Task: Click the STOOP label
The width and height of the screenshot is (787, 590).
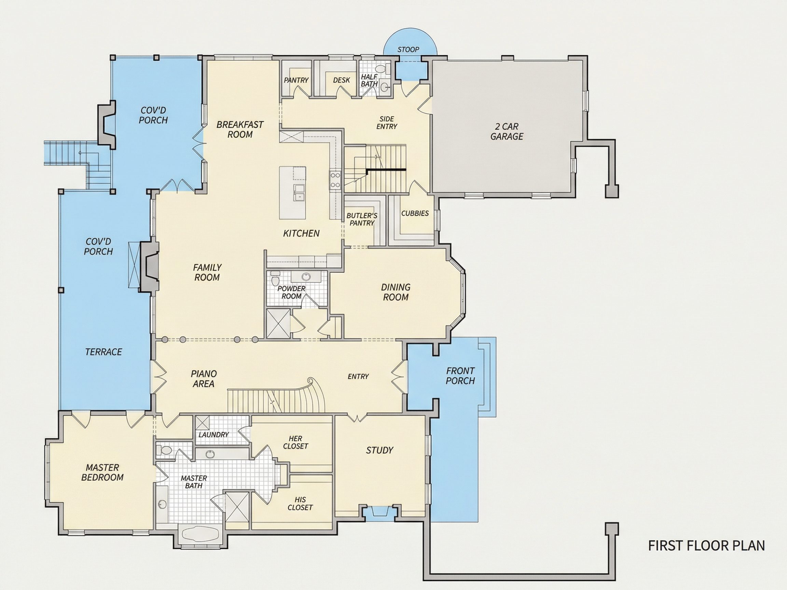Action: [x=408, y=50]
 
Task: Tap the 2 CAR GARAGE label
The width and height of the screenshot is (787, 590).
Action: [x=507, y=131]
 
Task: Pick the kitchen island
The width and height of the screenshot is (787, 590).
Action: [x=292, y=193]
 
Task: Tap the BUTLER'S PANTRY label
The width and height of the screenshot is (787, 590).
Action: [x=362, y=219]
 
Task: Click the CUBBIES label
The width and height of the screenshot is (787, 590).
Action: [x=415, y=213]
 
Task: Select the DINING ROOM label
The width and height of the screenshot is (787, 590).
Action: [x=396, y=292]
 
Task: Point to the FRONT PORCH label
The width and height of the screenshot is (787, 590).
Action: [x=460, y=376]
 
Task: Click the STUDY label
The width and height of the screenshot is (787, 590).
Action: [x=379, y=450]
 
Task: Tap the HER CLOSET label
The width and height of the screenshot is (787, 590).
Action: [x=296, y=442]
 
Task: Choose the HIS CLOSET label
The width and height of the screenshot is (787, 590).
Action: [x=300, y=504]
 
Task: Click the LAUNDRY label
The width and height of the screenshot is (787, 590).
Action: [x=213, y=435]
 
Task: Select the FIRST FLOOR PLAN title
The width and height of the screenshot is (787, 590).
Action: [x=707, y=546]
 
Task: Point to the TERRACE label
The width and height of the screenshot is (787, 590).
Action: [x=103, y=352]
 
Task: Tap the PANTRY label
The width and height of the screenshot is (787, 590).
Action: [x=296, y=80]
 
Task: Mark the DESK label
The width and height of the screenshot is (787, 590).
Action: [x=342, y=80]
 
